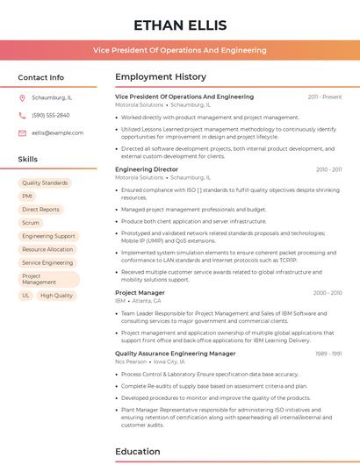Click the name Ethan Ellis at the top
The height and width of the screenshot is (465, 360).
pyautogui.click(x=180, y=25)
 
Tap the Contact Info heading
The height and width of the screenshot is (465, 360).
pyautogui.click(x=41, y=77)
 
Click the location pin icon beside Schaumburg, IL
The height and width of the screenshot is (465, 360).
pyautogui.click(x=22, y=97)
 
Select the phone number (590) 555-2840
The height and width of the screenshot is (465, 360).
pyautogui.click(x=50, y=115)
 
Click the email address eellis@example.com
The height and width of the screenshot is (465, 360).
pyautogui.click(x=57, y=132)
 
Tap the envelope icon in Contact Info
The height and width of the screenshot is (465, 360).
pyautogui.click(x=22, y=132)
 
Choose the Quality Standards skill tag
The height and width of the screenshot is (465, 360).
pyautogui.click(x=45, y=182)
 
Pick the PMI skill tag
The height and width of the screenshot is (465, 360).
pyautogui.click(x=27, y=196)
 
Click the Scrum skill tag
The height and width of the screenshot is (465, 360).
pyautogui.click(x=31, y=223)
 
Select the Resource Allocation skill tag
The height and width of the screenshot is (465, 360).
pyautogui.click(x=47, y=249)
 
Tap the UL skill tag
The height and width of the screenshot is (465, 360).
pyautogui.click(x=26, y=296)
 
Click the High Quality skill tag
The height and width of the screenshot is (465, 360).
pyautogui.click(x=56, y=296)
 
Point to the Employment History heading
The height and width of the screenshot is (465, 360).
pyautogui.click(x=161, y=77)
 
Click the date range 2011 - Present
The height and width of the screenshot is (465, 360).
pyautogui.click(x=325, y=97)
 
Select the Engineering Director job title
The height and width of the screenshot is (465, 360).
pyautogui.click(x=147, y=169)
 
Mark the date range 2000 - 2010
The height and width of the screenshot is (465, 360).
pyautogui.click(x=328, y=292)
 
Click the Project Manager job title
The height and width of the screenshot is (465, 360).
pyautogui.click(x=140, y=292)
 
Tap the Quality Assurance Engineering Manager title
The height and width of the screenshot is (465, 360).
pyautogui.click(x=176, y=353)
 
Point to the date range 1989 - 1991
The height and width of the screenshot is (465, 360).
pyautogui.click(x=328, y=354)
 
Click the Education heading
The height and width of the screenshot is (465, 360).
pyautogui.click(x=138, y=452)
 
